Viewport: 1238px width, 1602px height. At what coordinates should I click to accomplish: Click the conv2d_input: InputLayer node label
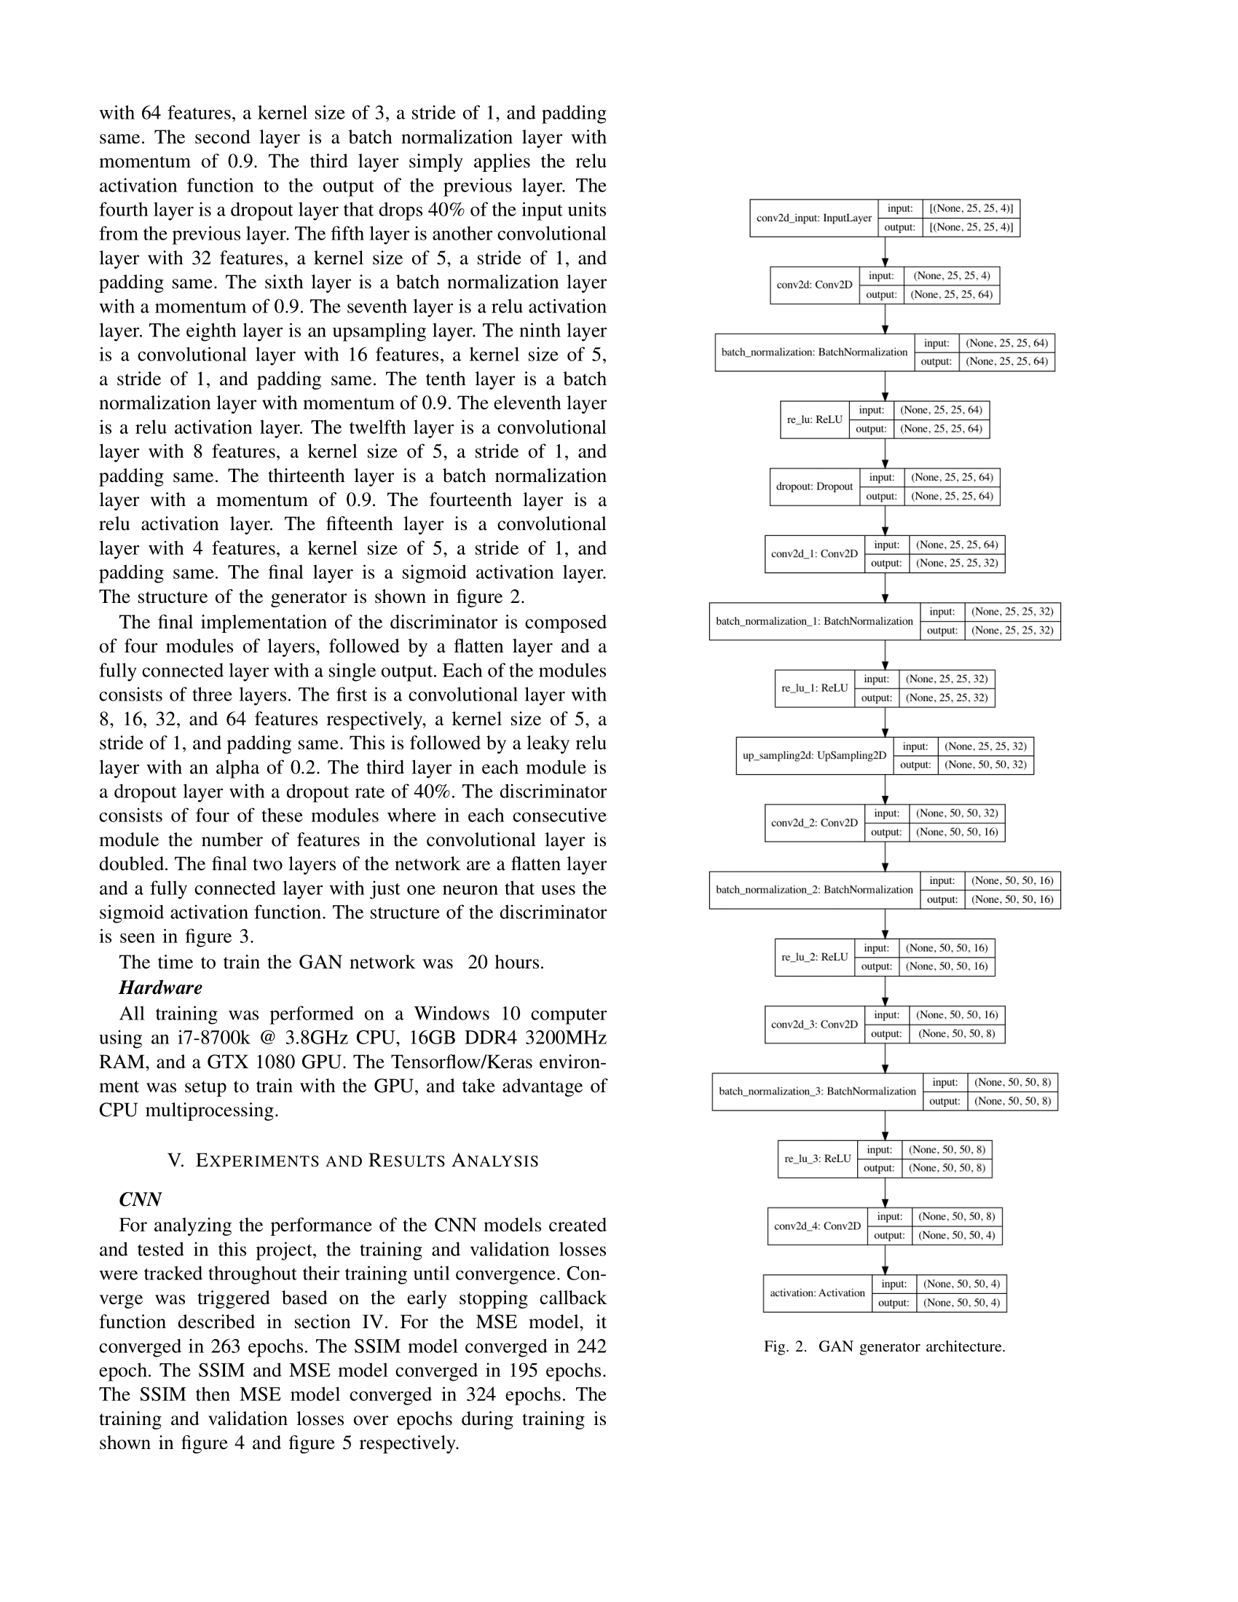[x=813, y=218]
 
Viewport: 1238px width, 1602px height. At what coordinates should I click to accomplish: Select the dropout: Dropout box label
[x=814, y=486]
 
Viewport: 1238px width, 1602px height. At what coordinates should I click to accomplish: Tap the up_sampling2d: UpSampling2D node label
[x=814, y=756]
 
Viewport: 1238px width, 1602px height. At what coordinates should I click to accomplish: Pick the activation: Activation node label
[x=817, y=1293]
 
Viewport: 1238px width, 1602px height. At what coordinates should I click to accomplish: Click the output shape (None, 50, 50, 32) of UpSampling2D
[x=986, y=765]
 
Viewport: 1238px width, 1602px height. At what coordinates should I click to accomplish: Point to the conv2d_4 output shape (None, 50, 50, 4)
[x=956, y=1235]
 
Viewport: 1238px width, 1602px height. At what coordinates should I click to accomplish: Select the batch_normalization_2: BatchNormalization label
[x=814, y=890]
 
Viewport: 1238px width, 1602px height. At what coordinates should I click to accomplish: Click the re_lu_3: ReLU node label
[x=817, y=1159]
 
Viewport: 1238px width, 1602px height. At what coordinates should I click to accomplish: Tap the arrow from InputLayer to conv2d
[x=885, y=252]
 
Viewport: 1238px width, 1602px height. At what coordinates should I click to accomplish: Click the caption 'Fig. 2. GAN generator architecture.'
[x=884, y=1346]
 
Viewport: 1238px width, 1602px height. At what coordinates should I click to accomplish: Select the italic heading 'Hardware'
[x=161, y=988]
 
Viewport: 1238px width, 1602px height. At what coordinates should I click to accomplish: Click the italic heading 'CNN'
[x=140, y=1199]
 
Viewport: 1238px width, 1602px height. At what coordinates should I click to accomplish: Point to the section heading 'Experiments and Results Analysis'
[x=352, y=1161]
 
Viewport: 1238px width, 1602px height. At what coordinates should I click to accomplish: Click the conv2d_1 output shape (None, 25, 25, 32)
[x=956, y=564]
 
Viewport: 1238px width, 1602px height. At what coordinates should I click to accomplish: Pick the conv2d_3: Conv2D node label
[x=814, y=1025]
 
